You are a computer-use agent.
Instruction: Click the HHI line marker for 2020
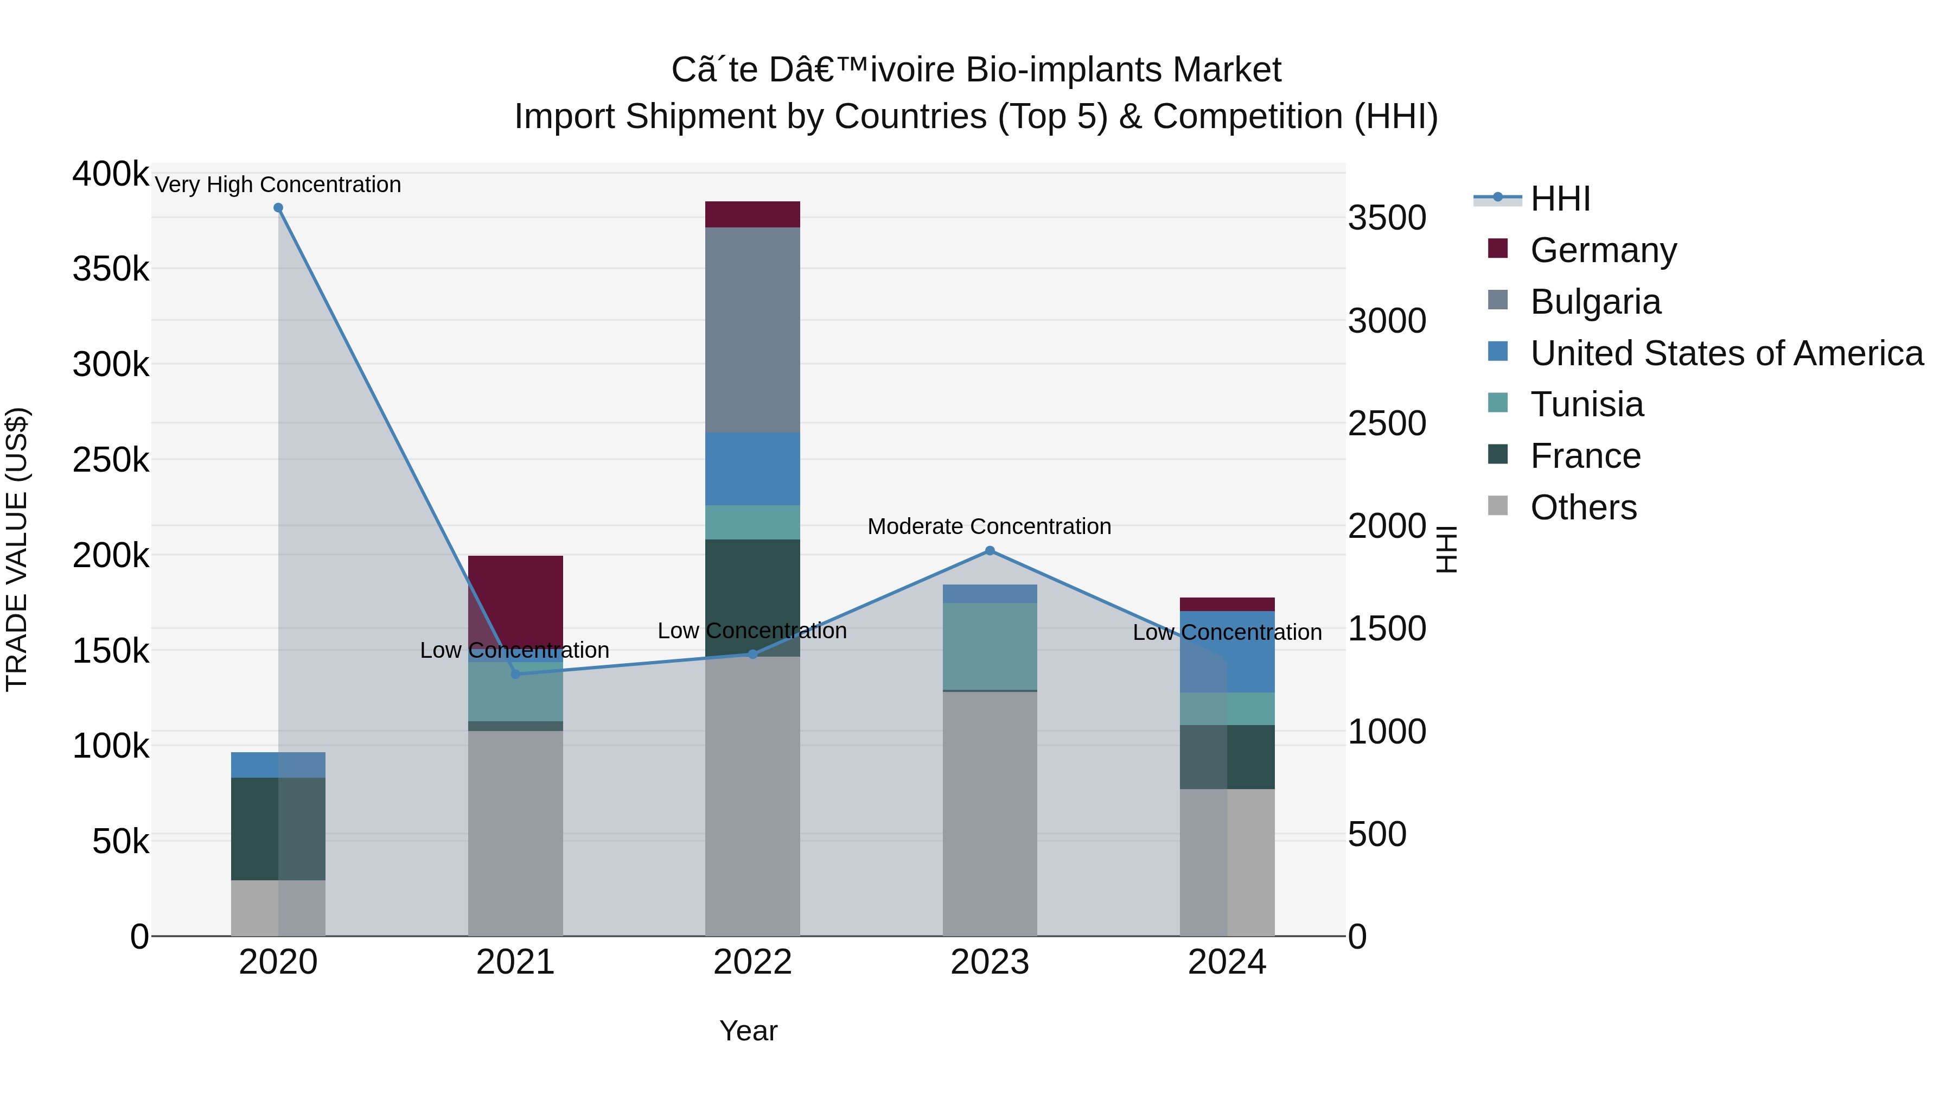point(278,208)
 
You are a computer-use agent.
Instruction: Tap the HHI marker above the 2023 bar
point(990,551)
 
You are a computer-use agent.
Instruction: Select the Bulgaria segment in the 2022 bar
point(752,330)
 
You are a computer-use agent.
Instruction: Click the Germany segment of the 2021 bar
point(515,599)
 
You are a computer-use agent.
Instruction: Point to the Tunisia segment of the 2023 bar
point(990,646)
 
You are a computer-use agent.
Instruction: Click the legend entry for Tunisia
point(1586,404)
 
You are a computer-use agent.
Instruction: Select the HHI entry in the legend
point(1560,199)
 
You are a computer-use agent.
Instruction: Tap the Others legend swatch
point(1498,506)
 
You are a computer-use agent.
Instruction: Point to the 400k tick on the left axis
point(111,174)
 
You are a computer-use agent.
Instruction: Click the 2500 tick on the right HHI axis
point(1387,423)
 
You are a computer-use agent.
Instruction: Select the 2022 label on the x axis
point(752,962)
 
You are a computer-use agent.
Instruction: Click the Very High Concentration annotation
point(278,185)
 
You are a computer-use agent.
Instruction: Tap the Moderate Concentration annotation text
point(990,526)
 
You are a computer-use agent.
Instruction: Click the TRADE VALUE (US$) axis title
point(17,549)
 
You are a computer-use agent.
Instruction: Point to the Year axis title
point(748,1031)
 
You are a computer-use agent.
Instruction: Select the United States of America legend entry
point(1726,353)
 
